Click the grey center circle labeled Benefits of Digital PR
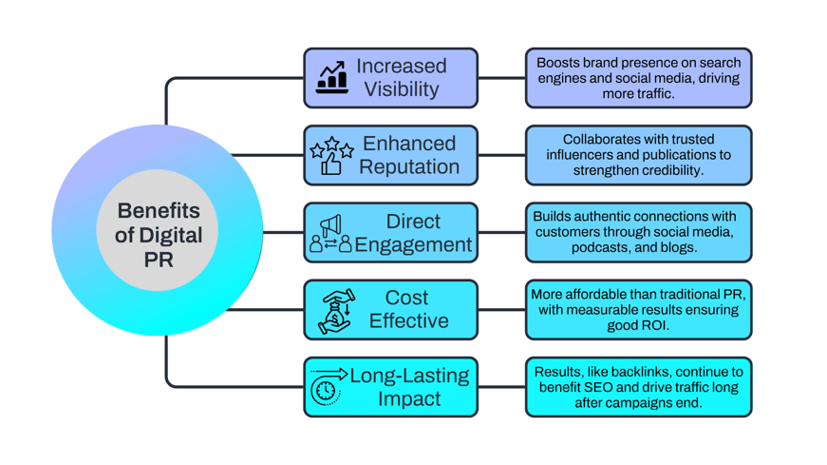tap(159, 232)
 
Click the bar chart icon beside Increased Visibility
tap(331, 77)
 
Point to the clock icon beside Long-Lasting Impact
tap(327, 388)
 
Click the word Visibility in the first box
tap(402, 89)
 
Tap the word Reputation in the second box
tap(408, 167)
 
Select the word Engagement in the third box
tap(413, 245)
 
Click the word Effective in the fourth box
tap(408, 321)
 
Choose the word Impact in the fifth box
tap(409, 399)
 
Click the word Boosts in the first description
tap(557, 64)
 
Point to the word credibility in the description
tap(670, 170)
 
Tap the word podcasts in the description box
tap(599, 247)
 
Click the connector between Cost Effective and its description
tap(501, 310)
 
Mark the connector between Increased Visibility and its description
tap(501, 78)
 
